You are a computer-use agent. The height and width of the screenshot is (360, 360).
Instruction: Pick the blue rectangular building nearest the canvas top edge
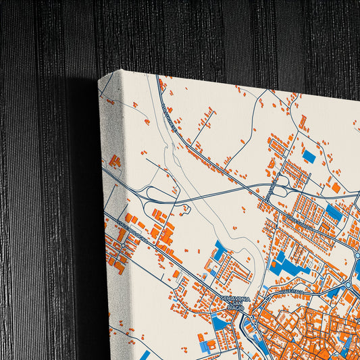click(309, 156)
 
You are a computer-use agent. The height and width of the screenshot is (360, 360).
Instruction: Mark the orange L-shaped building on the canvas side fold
click(115, 161)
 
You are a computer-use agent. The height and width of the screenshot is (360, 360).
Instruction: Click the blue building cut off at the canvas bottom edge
click(145, 355)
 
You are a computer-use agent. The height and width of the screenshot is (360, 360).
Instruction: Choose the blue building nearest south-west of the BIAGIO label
click(220, 323)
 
